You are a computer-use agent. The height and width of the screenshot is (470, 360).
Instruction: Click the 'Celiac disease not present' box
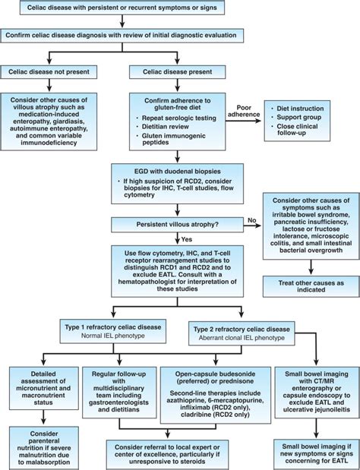point(49,72)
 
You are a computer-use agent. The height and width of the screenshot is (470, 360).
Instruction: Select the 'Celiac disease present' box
point(177,72)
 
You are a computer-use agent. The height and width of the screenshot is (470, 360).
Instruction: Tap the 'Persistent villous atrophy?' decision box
point(177,225)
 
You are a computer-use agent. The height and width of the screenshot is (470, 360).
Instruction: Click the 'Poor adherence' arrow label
point(244,111)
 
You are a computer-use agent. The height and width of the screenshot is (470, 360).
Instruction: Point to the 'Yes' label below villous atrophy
point(187,239)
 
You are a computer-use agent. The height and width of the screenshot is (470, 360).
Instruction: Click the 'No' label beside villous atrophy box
point(252,220)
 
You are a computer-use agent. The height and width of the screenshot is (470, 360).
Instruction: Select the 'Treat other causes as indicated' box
point(311,286)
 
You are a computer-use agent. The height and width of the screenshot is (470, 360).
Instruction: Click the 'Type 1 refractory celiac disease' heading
point(113,327)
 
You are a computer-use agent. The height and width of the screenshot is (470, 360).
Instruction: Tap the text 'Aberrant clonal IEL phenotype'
point(242,338)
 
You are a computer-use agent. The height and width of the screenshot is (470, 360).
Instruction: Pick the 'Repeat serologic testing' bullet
point(179,118)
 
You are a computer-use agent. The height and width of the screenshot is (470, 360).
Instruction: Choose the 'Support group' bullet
point(298,117)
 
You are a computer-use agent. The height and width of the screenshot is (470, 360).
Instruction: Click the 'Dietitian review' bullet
point(165,127)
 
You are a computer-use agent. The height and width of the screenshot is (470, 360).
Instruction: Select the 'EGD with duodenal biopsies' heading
point(177,172)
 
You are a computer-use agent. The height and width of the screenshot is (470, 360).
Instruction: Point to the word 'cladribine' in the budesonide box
point(196,415)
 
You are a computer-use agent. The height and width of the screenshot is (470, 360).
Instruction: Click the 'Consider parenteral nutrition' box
point(44,448)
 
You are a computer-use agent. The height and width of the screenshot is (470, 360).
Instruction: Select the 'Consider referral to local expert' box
point(167,454)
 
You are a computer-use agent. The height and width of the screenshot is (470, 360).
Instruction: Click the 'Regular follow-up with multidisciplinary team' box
point(119,393)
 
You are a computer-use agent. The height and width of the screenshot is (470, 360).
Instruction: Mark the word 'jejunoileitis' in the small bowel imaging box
point(331,409)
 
